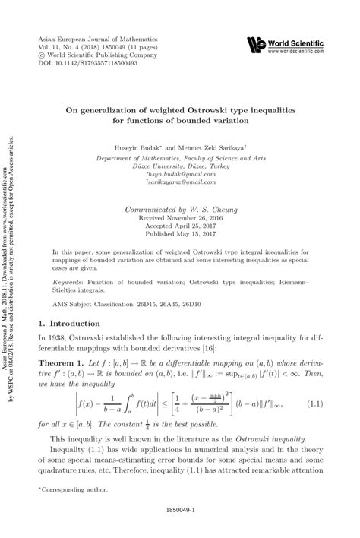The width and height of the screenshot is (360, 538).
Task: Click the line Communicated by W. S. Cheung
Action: (180, 207)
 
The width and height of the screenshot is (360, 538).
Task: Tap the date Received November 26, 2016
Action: (180, 217)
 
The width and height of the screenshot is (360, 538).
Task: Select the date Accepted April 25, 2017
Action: (180, 226)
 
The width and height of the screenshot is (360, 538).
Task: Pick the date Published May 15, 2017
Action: (180, 235)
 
